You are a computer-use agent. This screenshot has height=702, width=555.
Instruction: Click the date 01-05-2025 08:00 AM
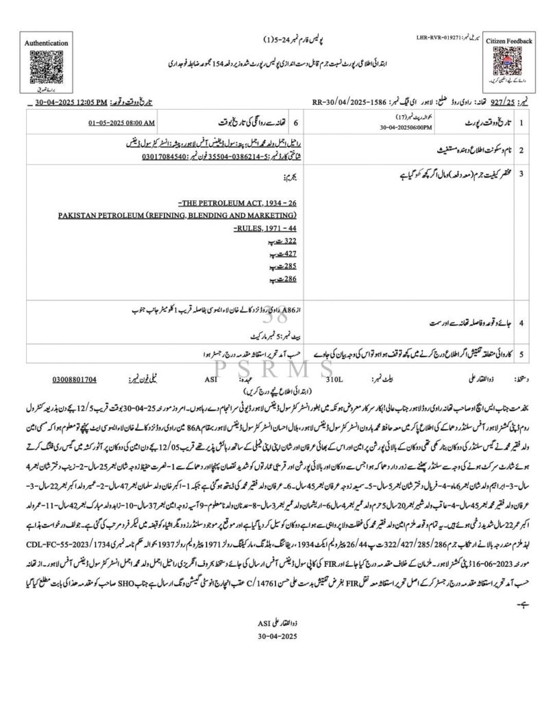pyautogui.click(x=122, y=123)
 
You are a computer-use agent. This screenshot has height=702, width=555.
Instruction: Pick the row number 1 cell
pyautogui.click(x=522, y=123)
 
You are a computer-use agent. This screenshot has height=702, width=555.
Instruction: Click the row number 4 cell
pyautogui.click(x=522, y=320)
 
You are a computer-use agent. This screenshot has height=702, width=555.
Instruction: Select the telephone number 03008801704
pyautogui.click(x=74, y=378)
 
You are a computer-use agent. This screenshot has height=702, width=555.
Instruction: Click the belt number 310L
pyautogui.click(x=335, y=378)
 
